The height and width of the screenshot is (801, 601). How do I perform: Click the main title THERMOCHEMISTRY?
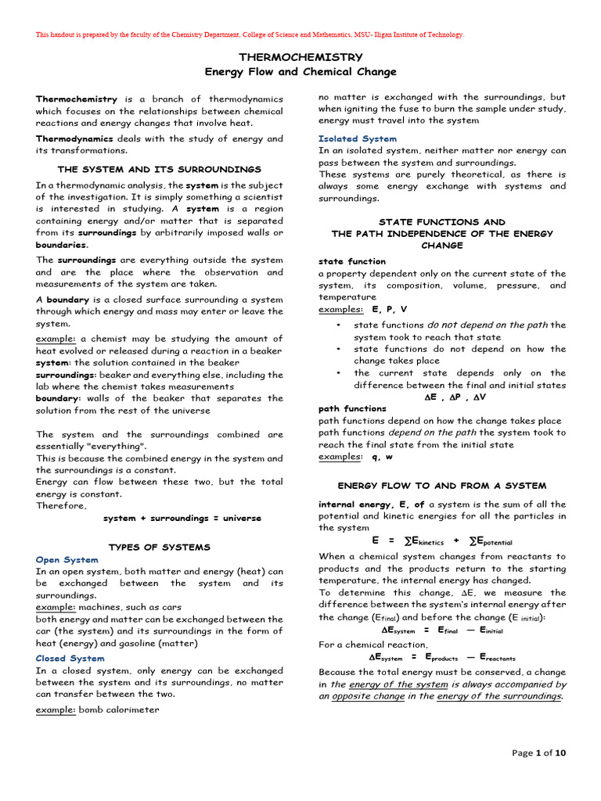[x=300, y=57]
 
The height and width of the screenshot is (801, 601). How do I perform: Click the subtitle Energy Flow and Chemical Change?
[x=300, y=72]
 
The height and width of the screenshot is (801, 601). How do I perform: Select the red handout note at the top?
[x=250, y=34]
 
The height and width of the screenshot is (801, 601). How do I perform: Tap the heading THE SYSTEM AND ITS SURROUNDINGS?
[x=160, y=169]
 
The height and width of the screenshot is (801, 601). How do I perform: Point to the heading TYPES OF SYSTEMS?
[x=160, y=547]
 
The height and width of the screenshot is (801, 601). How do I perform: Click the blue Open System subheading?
[x=67, y=560]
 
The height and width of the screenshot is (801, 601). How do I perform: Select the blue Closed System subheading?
[x=70, y=659]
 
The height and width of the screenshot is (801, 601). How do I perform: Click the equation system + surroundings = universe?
[x=182, y=518]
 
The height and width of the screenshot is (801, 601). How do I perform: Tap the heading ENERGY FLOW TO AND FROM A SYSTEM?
[x=442, y=486]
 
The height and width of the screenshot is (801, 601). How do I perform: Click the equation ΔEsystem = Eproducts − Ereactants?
[x=442, y=658]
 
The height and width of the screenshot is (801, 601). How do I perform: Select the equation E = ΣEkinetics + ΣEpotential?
[x=441, y=541]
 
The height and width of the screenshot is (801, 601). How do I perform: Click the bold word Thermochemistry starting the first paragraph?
[x=77, y=99]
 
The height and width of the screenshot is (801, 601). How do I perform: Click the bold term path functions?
[x=352, y=408]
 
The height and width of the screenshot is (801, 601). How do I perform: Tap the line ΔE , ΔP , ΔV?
[x=442, y=397]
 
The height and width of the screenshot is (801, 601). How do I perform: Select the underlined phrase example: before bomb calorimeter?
[x=56, y=709]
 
